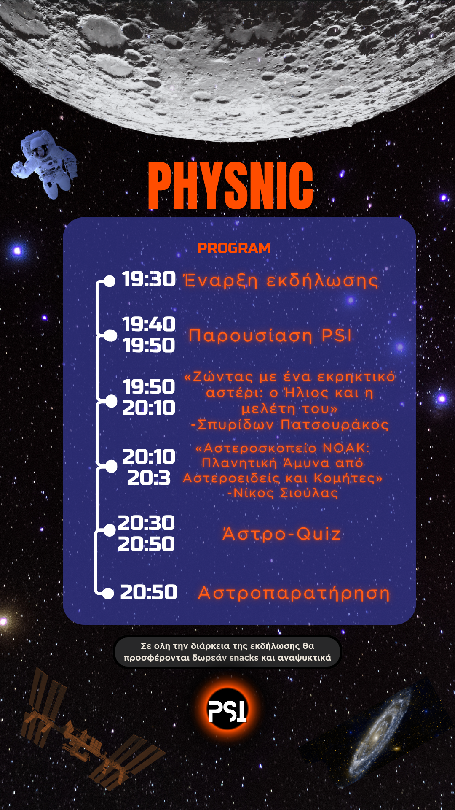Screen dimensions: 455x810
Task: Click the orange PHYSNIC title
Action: (230, 186)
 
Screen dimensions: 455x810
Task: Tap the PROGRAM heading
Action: (234, 248)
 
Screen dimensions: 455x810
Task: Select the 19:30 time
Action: (149, 279)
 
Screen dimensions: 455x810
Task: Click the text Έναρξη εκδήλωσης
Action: (281, 281)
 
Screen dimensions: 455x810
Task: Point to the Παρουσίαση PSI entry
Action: (270, 336)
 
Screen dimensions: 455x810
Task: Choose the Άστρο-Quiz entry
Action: (281, 534)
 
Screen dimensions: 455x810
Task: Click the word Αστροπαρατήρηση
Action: (294, 593)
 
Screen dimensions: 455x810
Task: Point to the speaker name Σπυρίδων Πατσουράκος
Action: (289, 424)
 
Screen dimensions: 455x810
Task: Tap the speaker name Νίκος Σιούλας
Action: (282, 493)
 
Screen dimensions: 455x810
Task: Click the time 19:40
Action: (149, 324)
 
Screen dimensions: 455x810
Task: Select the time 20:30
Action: (146, 523)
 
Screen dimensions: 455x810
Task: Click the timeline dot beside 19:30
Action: (110, 281)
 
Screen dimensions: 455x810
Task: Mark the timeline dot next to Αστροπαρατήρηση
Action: (108, 594)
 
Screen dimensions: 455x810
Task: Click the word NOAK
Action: (345, 448)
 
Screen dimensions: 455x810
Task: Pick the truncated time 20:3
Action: (149, 478)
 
